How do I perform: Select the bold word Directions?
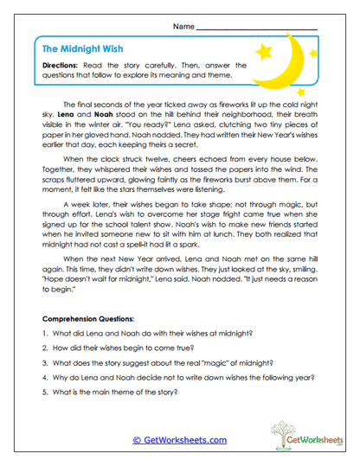(63, 66)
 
